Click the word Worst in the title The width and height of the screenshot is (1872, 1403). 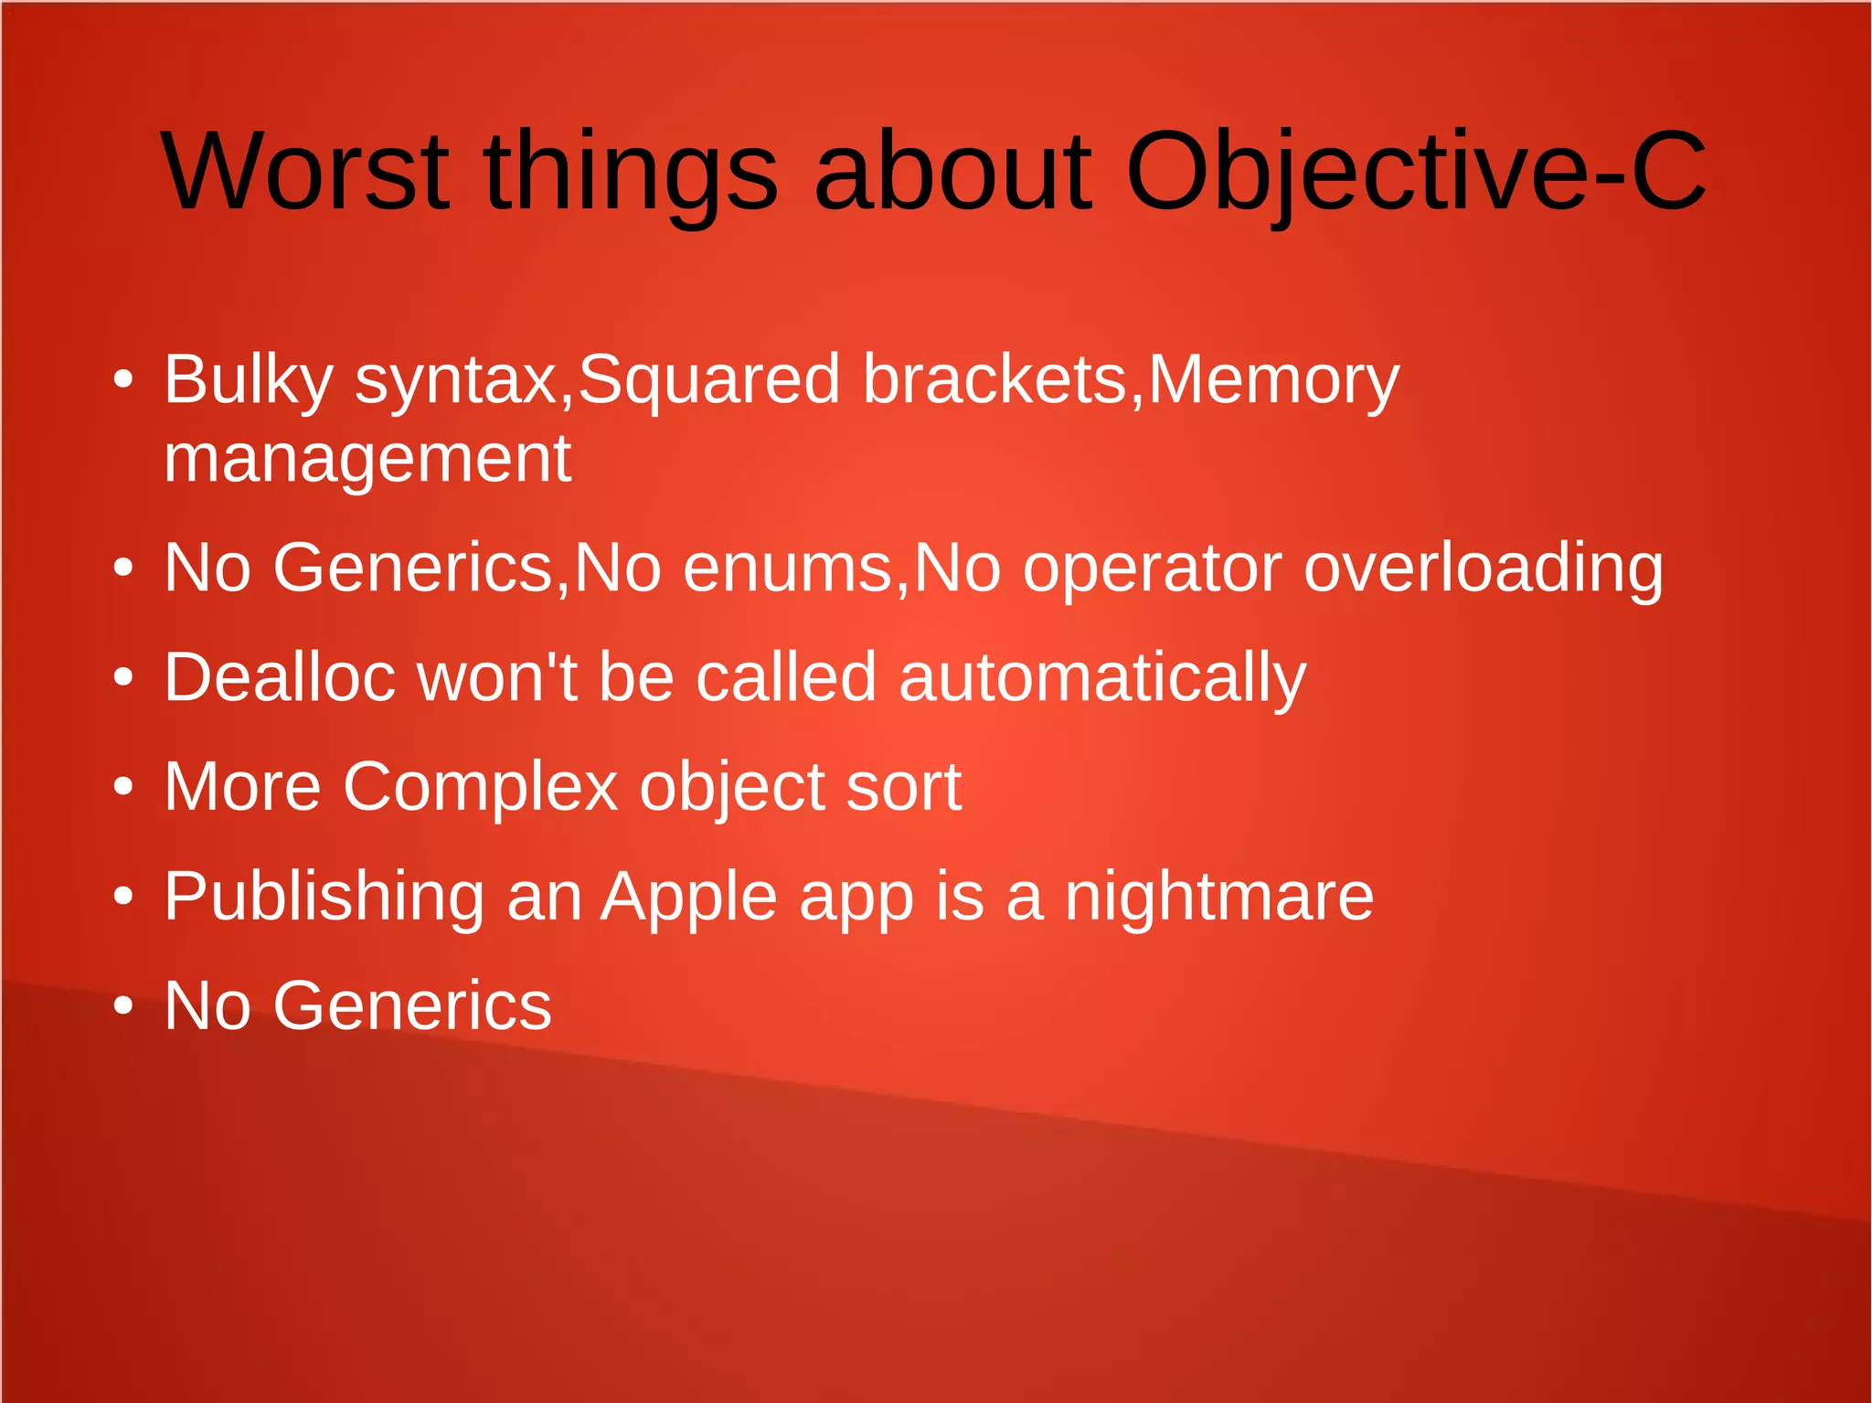coord(305,172)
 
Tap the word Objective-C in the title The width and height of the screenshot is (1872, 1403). coord(1414,172)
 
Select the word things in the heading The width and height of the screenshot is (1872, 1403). coord(631,172)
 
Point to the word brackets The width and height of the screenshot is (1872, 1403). coord(995,380)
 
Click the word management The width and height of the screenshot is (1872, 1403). coord(367,459)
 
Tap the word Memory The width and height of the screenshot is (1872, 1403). coord(1273,380)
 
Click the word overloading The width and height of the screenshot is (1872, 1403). coord(1483,569)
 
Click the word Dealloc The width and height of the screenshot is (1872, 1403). coord(280,678)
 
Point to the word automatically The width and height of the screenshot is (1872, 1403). coord(1102,678)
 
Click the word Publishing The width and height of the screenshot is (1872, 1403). coord(324,898)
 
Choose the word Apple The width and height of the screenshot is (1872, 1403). coord(690,898)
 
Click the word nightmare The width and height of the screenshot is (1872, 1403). coord(1219,898)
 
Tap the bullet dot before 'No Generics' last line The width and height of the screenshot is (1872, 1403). coord(123,1006)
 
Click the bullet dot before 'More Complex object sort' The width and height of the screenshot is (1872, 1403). coord(123,788)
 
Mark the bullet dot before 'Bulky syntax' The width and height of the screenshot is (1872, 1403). coord(123,379)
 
